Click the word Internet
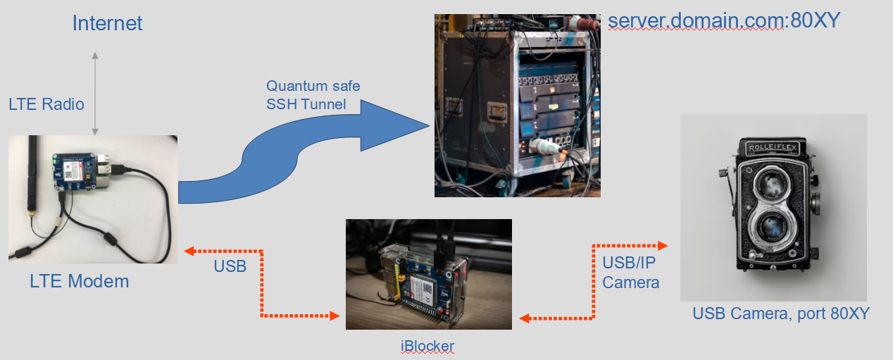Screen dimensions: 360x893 tap(107, 23)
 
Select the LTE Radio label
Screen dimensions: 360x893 tap(46, 104)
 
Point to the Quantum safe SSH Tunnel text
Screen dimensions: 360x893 tap(313, 95)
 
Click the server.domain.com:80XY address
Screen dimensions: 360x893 tap(724, 20)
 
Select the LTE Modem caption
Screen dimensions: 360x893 tap(80, 282)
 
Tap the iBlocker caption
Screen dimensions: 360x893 tap(428, 346)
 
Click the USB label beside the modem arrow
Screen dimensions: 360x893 tap(230, 266)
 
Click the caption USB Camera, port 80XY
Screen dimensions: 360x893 tap(781, 314)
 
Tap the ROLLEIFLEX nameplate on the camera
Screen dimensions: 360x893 tap(772, 148)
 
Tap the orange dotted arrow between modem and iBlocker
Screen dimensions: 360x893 tap(262, 283)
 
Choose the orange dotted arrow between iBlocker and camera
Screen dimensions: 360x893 tap(594, 282)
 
